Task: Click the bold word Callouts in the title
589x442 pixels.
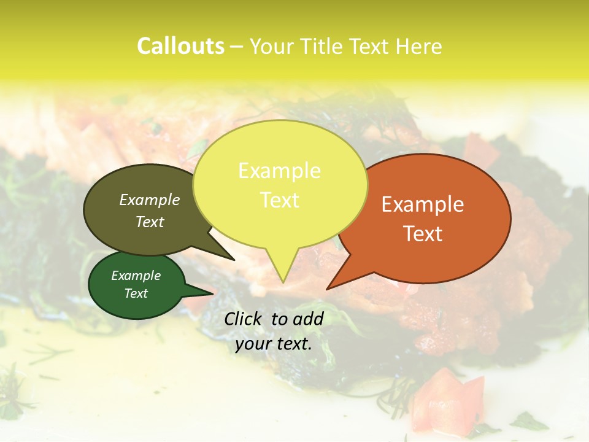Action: pos(180,46)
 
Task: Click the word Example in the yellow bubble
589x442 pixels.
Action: pos(279,171)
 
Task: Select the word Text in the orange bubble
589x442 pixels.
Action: pos(423,234)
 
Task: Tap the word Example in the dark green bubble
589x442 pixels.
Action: pos(136,276)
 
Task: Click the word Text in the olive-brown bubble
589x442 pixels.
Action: pos(150,222)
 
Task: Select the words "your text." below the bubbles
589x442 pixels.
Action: pos(273,344)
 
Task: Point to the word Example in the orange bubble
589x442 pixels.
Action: pos(423,204)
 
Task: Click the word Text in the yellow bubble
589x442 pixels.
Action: pos(280,200)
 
